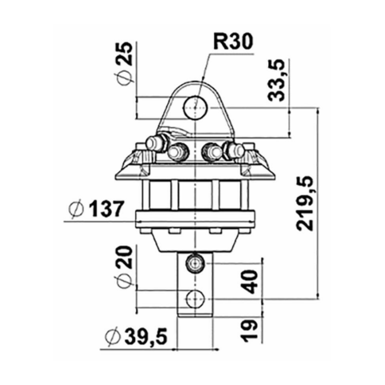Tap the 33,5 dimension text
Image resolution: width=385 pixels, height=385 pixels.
[276, 80]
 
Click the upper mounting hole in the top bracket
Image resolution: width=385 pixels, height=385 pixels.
[195, 104]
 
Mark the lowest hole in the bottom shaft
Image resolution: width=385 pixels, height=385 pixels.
[195, 298]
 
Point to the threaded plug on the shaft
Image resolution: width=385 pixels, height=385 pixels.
[195, 263]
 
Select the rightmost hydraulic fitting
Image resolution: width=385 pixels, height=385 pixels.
[237, 150]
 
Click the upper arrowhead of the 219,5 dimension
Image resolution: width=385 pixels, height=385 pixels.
[319, 112]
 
